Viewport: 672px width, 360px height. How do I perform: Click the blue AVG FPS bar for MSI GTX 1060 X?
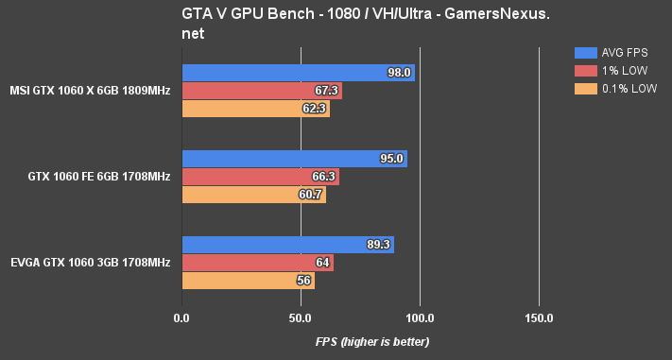[x=298, y=73]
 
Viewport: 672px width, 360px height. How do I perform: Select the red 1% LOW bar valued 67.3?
[x=261, y=91]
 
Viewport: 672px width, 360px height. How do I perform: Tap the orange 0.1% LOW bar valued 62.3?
[x=255, y=109]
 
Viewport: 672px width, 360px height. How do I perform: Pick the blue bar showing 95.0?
[x=294, y=159]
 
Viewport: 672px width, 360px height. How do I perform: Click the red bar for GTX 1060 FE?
[x=260, y=177]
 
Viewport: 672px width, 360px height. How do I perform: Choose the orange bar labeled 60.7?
[x=253, y=195]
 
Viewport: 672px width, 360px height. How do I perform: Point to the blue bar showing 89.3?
[x=287, y=245]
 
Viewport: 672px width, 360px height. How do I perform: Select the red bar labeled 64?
[x=257, y=263]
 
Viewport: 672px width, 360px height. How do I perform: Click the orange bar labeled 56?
[x=248, y=281]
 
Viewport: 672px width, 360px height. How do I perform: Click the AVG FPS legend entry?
[x=613, y=53]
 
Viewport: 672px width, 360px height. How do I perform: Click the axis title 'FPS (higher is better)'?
[x=372, y=341]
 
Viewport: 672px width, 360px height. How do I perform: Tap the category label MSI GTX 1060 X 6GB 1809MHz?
[x=91, y=91]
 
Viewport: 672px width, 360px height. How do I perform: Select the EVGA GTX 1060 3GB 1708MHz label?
[x=91, y=263]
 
